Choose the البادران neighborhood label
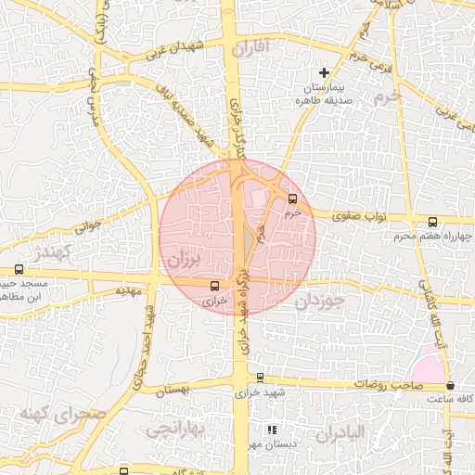click(340, 433)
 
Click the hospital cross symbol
click(324, 71)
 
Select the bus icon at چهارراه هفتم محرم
click(432, 222)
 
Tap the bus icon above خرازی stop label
click(215, 286)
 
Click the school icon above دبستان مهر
click(272, 430)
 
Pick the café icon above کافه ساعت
click(450, 385)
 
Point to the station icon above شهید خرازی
click(260, 378)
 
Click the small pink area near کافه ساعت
click(430, 368)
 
